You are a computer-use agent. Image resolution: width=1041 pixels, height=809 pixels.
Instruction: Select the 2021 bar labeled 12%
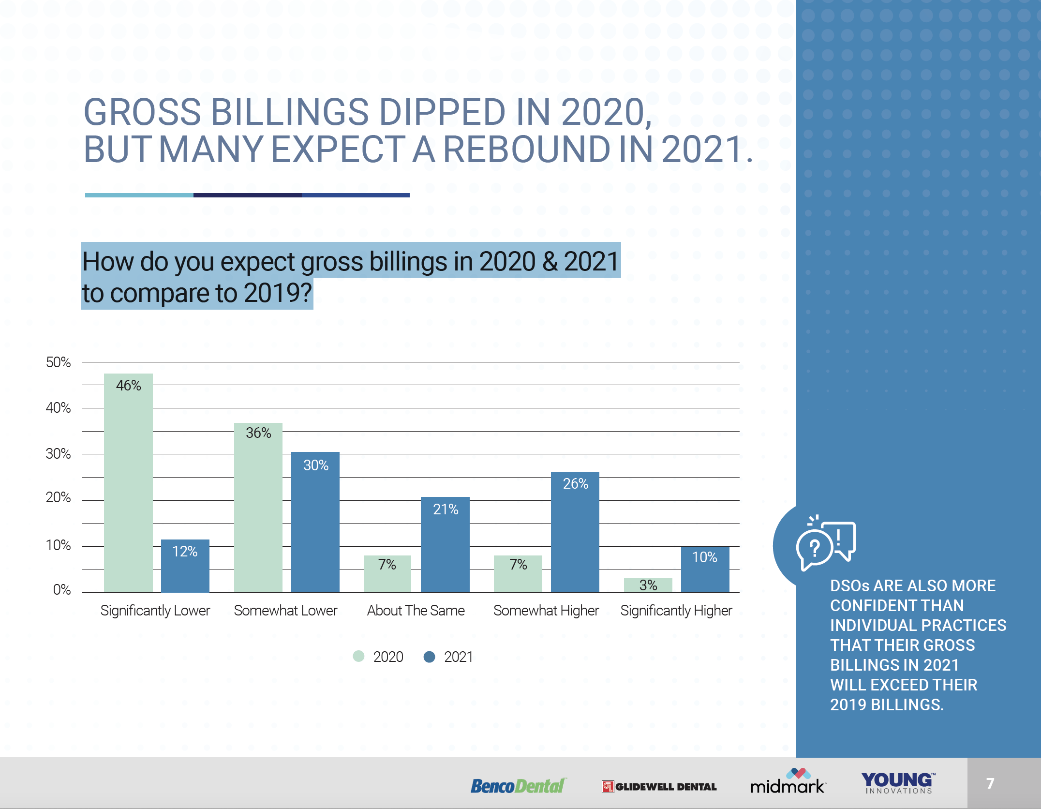pyautogui.click(x=185, y=566)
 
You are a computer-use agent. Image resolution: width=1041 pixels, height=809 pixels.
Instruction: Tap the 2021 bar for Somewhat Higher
pyautogui.click(x=575, y=532)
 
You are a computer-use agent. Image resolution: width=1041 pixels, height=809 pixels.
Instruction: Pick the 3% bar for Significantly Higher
pyautogui.click(x=648, y=585)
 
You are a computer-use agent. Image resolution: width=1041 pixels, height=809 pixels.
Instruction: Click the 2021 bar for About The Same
pyautogui.click(x=445, y=544)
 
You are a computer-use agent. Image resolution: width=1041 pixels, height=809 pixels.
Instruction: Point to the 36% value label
pyautogui.click(x=258, y=433)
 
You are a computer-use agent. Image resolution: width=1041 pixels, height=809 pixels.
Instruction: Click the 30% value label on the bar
pyautogui.click(x=316, y=465)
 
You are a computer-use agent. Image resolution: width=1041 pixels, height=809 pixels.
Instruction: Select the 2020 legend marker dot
pyautogui.click(x=358, y=657)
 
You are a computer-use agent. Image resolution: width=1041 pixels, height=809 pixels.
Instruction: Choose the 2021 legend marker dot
pyautogui.click(x=429, y=657)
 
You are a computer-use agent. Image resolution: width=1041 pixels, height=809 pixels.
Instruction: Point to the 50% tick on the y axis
pyautogui.click(x=58, y=362)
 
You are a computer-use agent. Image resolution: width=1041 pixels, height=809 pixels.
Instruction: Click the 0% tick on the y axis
pyautogui.click(x=61, y=590)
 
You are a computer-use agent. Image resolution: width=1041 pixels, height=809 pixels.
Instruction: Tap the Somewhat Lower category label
pyautogui.click(x=285, y=611)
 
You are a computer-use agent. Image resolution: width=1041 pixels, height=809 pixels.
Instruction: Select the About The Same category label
pyautogui.click(x=416, y=611)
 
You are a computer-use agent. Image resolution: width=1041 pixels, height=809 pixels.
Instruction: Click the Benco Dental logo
pyautogui.click(x=518, y=786)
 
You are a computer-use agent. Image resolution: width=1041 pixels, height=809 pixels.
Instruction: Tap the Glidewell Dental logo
pyautogui.click(x=659, y=787)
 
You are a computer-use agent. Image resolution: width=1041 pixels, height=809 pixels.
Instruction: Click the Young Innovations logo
pyautogui.click(x=898, y=783)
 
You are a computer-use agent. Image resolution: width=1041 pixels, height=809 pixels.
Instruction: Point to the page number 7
pyautogui.click(x=990, y=783)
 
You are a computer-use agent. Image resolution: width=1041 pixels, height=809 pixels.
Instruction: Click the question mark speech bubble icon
pyautogui.click(x=825, y=544)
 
